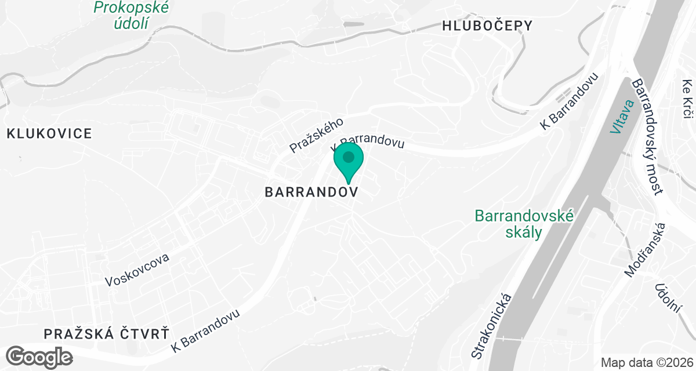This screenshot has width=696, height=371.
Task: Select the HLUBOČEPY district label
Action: pos(487,26)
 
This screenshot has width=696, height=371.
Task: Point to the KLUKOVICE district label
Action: pos(49,134)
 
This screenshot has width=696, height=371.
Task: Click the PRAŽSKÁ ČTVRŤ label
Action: pos(107,334)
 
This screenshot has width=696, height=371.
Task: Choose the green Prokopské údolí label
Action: pos(130,16)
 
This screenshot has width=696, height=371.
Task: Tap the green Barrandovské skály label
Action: pos(524,224)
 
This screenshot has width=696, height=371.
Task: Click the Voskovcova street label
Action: pos(137,270)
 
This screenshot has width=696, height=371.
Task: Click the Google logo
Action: pos(39,356)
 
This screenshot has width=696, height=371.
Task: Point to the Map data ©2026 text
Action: pos(646,362)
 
